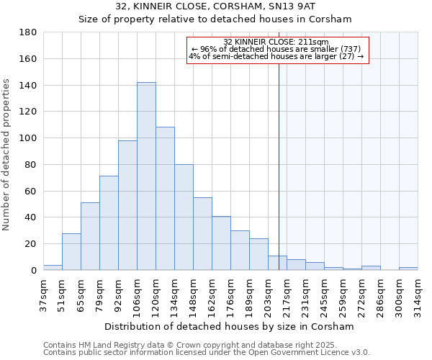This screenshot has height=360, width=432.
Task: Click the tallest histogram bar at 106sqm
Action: click(146, 176)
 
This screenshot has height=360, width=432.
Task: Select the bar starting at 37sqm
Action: click(53, 267)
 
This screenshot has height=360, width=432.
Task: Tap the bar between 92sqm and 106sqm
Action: click(127, 205)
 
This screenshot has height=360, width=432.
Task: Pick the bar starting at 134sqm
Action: click(184, 217)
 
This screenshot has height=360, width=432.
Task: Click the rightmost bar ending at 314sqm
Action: click(408, 269)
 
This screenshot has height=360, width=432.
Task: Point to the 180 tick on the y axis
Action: click(29, 32)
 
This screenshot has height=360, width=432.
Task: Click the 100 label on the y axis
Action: click(29, 138)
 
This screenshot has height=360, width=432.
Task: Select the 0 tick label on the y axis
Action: click(33, 270)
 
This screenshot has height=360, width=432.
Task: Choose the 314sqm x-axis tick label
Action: click(418, 294)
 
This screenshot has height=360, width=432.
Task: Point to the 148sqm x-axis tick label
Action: click(194, 294)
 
